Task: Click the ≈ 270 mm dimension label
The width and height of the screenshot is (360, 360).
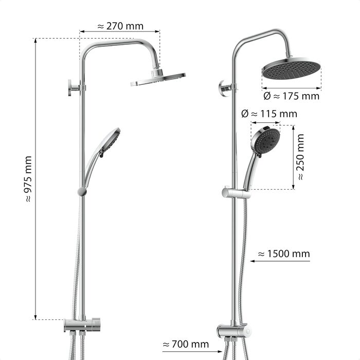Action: coord(120,26)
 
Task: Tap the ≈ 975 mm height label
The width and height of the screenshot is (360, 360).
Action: coord(28,179)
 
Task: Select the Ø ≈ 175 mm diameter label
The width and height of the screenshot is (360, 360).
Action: coord(292,96)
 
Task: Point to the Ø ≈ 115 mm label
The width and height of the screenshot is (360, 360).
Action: coord(269,114)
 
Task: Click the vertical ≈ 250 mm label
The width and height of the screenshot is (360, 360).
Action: coord(300,157)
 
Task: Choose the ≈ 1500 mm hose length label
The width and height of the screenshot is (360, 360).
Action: coord(284,254)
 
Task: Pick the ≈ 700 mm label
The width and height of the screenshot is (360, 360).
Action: coord(186,345)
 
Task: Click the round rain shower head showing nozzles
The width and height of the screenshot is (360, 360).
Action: coord(292,68)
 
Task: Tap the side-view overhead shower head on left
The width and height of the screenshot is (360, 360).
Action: coord(158,79)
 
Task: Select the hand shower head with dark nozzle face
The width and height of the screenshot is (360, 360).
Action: coord(266,140)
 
